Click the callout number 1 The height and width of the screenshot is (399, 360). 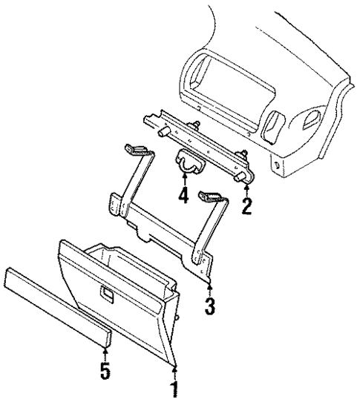coord(175,388)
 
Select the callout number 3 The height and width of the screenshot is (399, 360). coord(212,305)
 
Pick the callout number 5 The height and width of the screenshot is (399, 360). coord(105,370)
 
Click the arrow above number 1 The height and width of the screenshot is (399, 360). coord(175,369)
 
